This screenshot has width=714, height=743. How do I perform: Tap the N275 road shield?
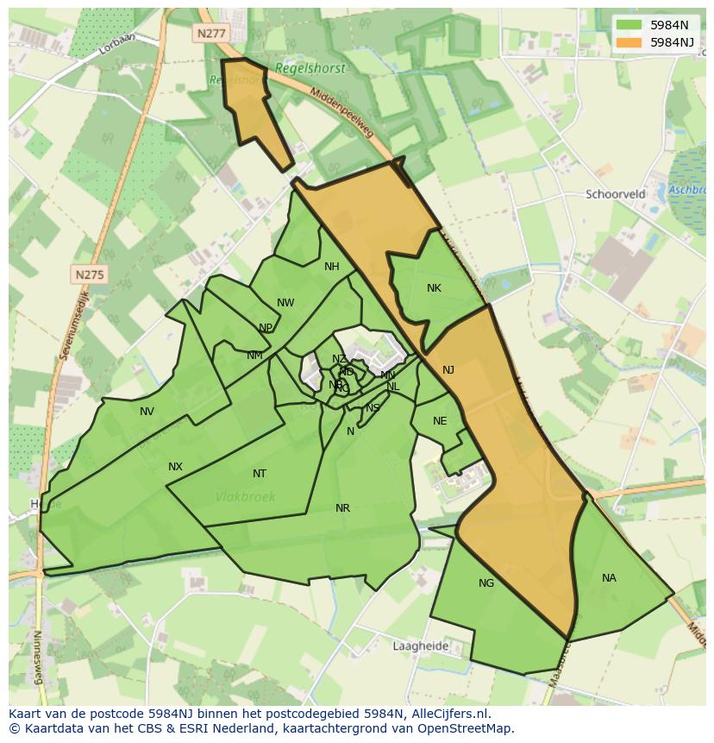point(89,274)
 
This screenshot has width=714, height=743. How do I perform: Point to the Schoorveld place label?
point(615,194)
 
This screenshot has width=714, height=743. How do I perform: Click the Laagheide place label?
point(420,645)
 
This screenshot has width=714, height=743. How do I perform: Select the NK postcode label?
point(434,288)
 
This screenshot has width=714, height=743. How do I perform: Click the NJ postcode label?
point(448,370)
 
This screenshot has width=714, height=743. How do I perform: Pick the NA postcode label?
point(609,578)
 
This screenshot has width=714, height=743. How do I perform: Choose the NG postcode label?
point(486,583)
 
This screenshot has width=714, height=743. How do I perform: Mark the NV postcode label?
point(147,412)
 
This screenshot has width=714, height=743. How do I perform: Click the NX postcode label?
point(175,467)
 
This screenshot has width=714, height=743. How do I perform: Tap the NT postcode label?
point(260,474)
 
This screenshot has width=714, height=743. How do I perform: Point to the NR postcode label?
point(342,508)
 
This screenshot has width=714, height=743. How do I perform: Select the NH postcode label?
point(332,267)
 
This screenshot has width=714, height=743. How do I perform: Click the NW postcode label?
point(285,303)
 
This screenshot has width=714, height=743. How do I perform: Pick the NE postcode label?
point(440,421)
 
